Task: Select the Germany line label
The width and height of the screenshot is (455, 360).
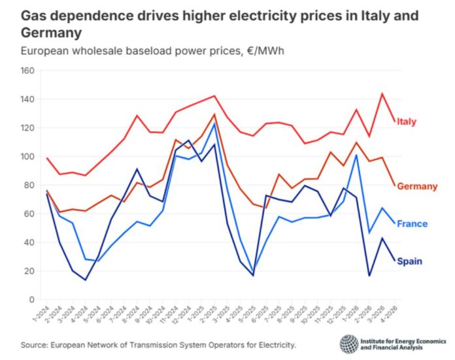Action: click(x=416, y=186)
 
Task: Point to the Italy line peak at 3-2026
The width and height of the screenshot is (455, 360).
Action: click(x=381, y=93)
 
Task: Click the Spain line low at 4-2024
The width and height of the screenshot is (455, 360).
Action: click(x=86, y=280)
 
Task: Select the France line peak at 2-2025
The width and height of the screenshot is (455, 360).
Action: click(x=214, y=123)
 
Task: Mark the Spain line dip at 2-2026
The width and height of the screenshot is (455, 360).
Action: click(x=369, y=276)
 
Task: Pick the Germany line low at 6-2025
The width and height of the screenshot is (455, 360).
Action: click(x=265, y=208)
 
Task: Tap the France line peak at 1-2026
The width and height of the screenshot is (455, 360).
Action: click(x=356, y=155)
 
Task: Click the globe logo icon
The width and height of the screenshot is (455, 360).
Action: click(x=348, y=344)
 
